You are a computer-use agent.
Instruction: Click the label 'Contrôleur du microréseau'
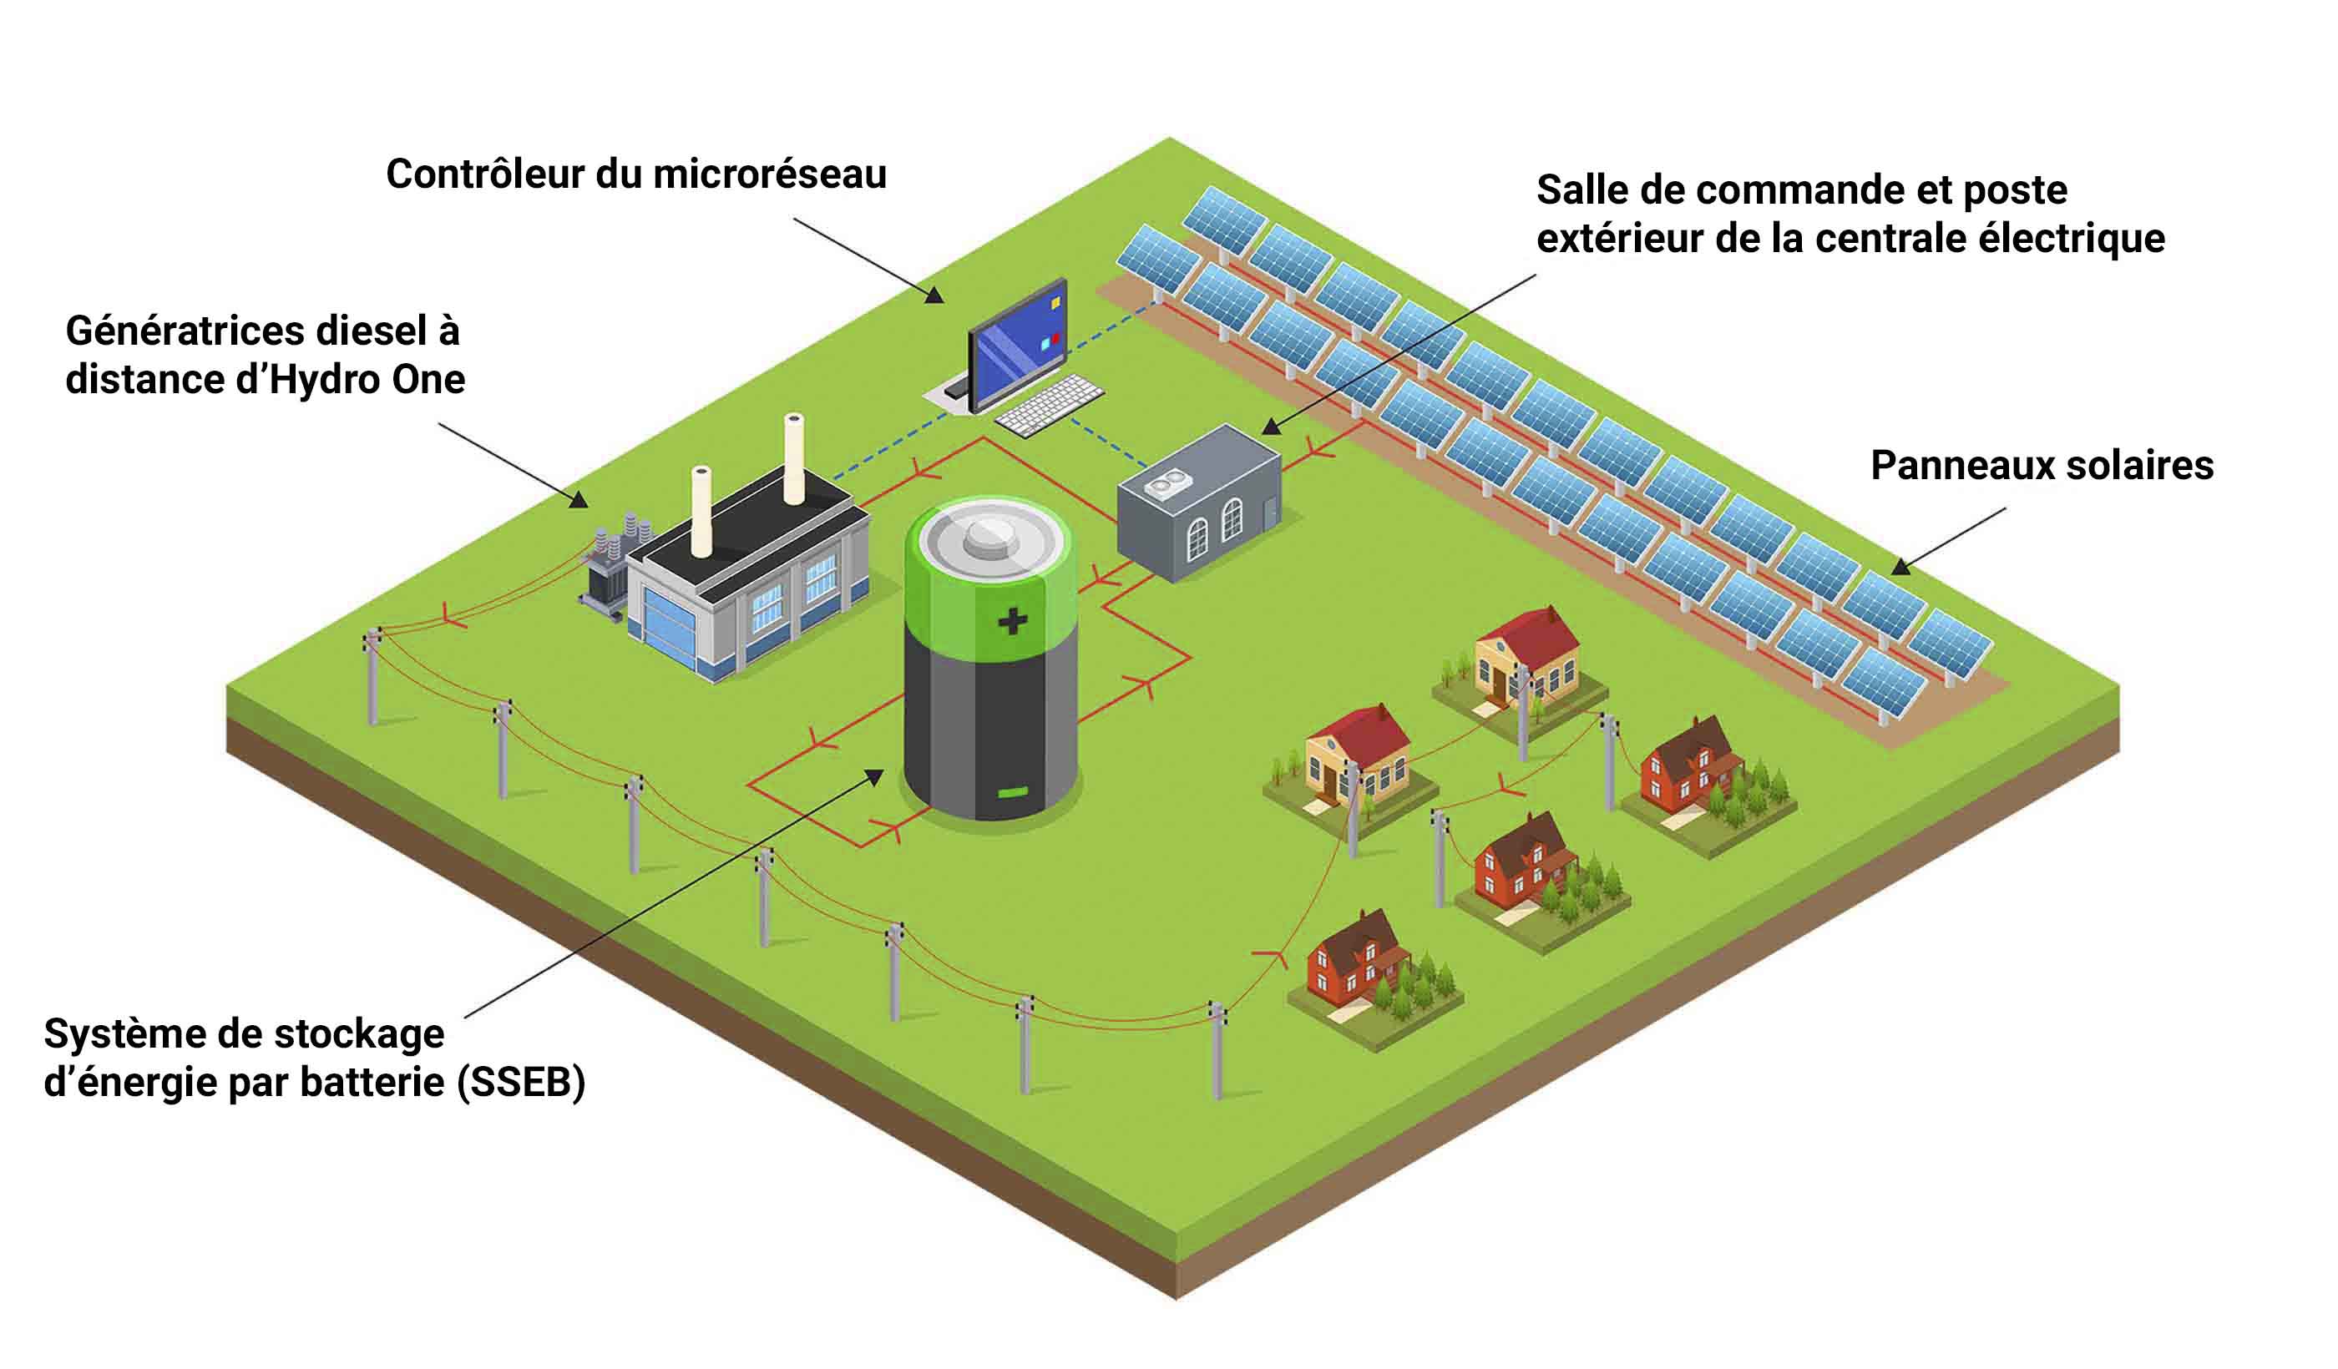click(x=635, y=174)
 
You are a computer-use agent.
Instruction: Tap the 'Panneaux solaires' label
click(x=2041, y=465)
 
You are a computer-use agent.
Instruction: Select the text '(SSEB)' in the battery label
click(x=520, y=1082)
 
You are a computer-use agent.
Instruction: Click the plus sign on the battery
click(x=1012, y=620)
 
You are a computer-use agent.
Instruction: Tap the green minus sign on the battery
click(x=1012, y=792)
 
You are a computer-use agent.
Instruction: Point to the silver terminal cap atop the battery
click(x=989, y=535)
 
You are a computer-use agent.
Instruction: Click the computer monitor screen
click(x=1017, y=348)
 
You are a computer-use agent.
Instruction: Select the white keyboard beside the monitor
click(x=1049, y=406)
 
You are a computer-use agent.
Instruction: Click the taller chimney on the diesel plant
click(x=793, y=459)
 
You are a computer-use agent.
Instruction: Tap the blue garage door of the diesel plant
click(x=666, y=631)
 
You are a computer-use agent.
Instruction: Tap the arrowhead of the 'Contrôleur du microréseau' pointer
click(x=935, y=296)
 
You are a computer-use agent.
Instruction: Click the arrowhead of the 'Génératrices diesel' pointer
click(x=579, y=500)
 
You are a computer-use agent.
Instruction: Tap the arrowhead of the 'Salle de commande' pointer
click(x=1270, y=427)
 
